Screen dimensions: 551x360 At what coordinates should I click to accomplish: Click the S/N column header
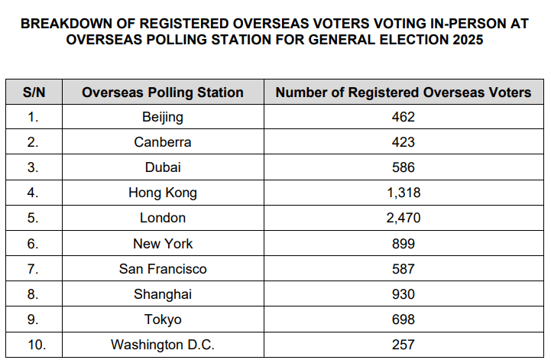point(34,92)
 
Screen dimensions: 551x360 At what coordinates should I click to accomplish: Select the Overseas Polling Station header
point(163,92)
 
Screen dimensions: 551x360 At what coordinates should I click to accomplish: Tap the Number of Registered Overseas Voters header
point(404,92)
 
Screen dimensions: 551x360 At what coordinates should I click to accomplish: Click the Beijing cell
point(163,118)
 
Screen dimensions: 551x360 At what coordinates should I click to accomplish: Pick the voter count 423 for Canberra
point(404,142)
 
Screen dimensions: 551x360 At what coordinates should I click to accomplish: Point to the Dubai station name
point(163,167)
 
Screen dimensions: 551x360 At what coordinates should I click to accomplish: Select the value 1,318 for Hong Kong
point(404,193)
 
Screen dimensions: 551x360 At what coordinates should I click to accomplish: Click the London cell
point(163,218)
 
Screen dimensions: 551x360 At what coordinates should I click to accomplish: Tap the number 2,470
point(404,219)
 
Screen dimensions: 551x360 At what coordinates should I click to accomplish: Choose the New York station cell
point(163,244)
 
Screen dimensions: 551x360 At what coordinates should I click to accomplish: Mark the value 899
point(404,244)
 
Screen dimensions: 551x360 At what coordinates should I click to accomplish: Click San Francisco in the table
point(163,269)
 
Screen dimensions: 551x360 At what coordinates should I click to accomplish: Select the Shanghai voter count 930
point(404,294)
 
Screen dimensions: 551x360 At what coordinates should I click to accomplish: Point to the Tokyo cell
point(163,320)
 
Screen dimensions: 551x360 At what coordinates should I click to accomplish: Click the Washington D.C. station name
point(163,345)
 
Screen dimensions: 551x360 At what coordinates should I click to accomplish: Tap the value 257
point(404,345)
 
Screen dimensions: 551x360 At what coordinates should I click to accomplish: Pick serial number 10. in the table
point(37,345)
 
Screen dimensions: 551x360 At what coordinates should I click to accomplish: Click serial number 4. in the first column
point(33,193)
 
